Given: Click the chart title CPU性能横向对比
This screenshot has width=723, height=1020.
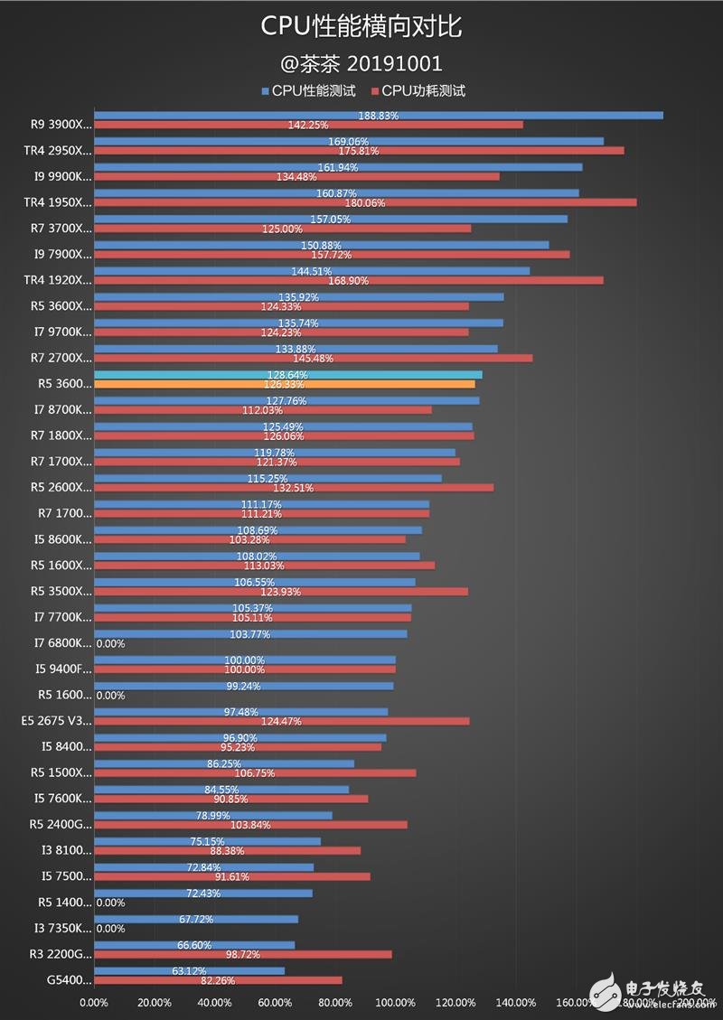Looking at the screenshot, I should click(361, 28).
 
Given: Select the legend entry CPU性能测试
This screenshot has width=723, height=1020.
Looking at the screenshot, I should click(308, 90).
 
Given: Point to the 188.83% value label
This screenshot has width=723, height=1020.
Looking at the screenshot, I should click(379, 116).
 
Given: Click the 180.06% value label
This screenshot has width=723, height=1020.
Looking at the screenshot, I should click(365, 203).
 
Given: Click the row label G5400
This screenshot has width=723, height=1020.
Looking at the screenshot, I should click(70, 980).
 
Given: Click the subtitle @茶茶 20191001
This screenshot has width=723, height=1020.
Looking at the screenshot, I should click(361, 63).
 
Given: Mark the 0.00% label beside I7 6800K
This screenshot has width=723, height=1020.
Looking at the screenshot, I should click(110, 644).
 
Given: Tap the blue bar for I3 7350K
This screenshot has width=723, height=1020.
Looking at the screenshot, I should click(196, 919).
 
